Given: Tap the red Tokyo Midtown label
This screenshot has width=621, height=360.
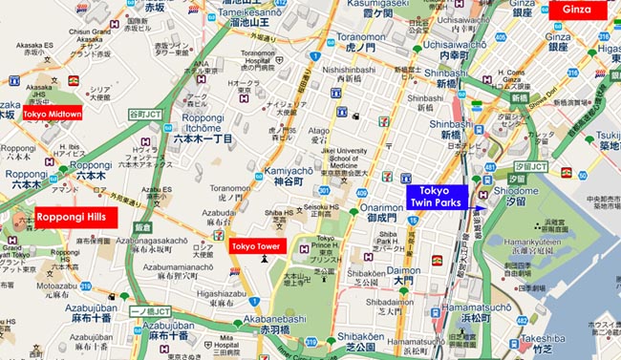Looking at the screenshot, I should [x=53, y=114].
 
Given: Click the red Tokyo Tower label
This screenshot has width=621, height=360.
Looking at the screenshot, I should [x=256, y=247].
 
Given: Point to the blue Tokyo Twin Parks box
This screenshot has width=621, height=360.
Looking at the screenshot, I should [x=435, y=196].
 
